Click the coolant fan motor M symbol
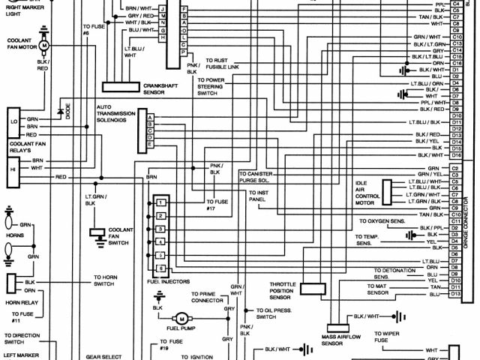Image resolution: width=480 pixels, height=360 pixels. [x=43, y=46]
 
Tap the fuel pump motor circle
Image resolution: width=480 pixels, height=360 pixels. [x=179, y=319]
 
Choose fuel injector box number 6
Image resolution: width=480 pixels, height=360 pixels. [x=160, y=268]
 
